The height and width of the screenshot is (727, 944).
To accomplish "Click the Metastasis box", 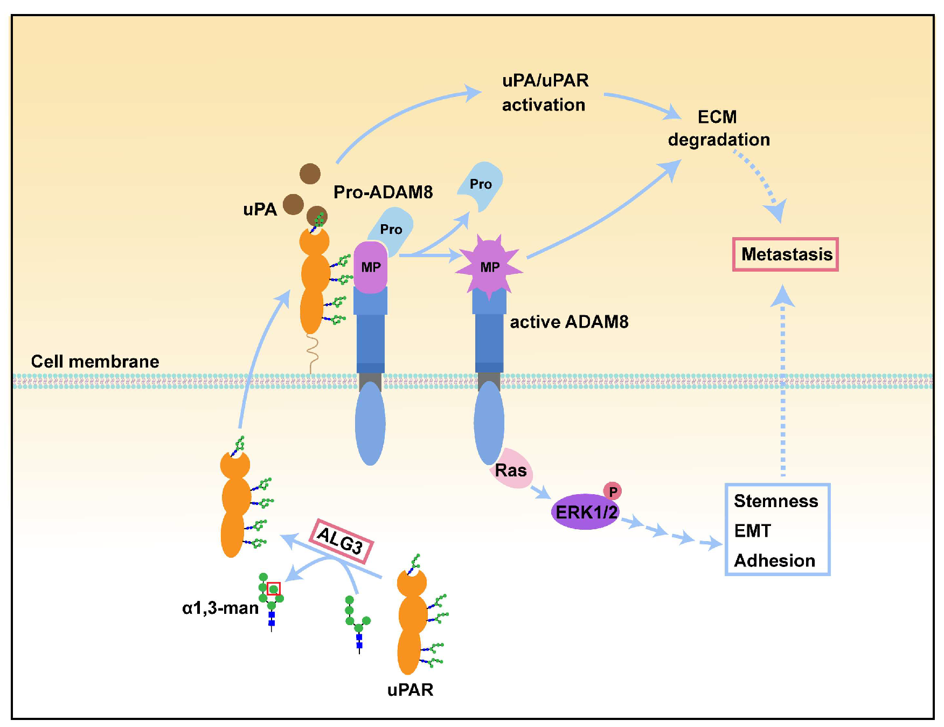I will pos(785,254).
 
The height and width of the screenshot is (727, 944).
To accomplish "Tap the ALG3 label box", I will pos(341,541).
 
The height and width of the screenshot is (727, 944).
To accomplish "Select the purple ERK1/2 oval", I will pos(585,511).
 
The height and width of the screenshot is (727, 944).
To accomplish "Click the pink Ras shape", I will pos(511,469).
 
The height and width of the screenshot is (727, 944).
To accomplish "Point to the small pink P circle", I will pos(613,491).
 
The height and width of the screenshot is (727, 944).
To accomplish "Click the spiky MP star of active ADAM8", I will pos(489,266).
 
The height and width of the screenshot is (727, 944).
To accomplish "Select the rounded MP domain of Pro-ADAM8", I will pos(371,267).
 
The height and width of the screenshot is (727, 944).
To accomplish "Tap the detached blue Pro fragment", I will pos(480,185).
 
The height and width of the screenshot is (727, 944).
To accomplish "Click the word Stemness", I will pos(775,501).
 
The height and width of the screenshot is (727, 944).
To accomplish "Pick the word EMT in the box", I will pos(752,530).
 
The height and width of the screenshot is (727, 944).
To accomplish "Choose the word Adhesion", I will pos(774,560).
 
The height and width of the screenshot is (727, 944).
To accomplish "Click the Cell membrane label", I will pos(95,361).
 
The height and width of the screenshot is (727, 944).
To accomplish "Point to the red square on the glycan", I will pos(274,588).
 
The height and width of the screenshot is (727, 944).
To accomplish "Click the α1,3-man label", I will pos(220,608).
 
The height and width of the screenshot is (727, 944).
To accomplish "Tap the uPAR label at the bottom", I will pos(410,689).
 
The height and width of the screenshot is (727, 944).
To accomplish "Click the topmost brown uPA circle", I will pos(310,174).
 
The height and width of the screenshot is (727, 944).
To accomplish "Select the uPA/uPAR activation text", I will pos(545,92).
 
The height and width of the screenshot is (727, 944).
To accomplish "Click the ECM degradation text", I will pos(719,128).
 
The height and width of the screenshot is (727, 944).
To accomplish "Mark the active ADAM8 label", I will pos(569,322).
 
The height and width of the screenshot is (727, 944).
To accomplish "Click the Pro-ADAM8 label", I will pos(383,192).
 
